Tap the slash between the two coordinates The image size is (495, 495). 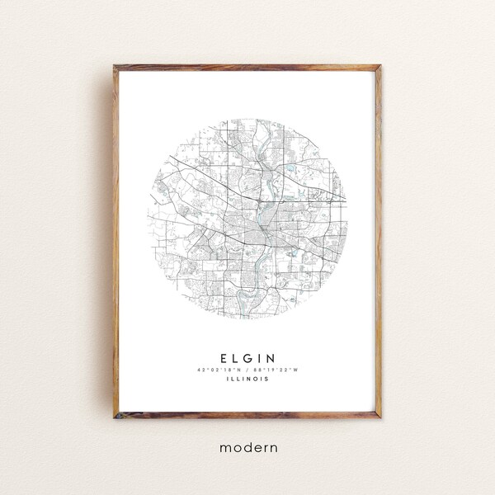247,370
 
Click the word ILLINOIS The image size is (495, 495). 247,380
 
